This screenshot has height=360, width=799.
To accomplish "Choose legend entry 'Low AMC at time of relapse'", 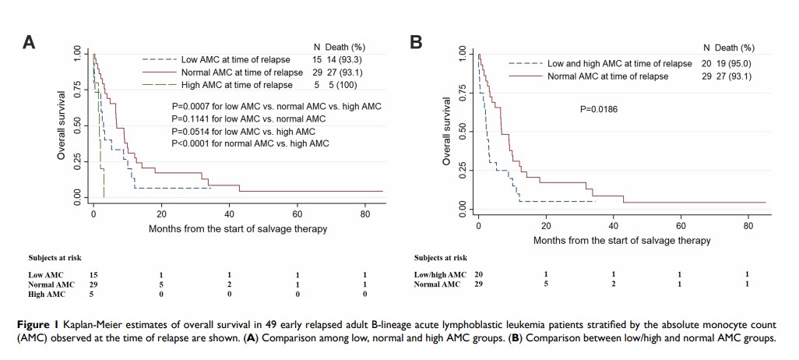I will pyautogui.click(x=235, y=60).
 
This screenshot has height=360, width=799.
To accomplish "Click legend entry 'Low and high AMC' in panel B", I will pyautogui.click(x=619, y=64).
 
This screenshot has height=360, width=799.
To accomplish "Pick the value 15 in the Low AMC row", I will pyautogui.click(x=94, y=274).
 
